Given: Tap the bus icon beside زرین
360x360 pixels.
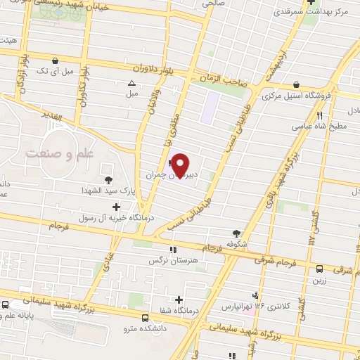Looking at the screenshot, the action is tap(320, 268).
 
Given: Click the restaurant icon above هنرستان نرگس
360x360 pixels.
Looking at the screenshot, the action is tap(172, 249).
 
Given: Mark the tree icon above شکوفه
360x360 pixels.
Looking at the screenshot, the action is tap(236, 234).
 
